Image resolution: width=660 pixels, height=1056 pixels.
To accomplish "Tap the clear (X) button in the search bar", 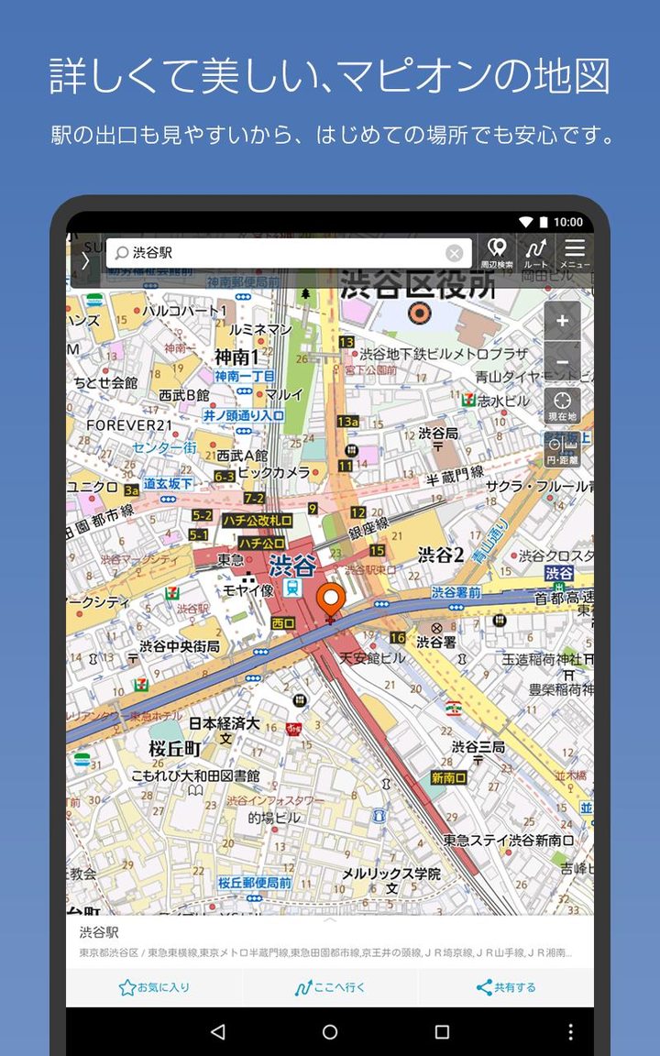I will click(455, 253).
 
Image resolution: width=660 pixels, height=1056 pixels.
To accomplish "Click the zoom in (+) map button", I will click(562, 321).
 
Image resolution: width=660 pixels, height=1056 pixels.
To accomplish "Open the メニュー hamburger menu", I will click(575, 253).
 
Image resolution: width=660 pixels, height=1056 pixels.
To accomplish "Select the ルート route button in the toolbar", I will click(535, 253).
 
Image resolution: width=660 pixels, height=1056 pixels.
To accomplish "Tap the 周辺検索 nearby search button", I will click(497, 253).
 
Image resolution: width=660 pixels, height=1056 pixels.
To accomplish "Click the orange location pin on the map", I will click(330, 601).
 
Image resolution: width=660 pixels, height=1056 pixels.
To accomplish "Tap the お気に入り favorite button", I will click(154, 987).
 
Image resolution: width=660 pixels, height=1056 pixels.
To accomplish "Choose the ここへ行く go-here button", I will click(330, 987).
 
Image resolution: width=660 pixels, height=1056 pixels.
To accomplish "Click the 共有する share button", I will click(506, 987).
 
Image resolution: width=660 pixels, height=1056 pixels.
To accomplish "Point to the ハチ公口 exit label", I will click(261, 543).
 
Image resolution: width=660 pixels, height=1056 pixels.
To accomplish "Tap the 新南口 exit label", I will click(448, 778).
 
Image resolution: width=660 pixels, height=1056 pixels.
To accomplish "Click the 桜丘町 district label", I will click(175, 749).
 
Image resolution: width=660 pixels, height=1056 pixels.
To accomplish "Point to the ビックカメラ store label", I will click(273, 472).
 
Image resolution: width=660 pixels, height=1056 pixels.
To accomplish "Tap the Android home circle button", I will click(330, 1031).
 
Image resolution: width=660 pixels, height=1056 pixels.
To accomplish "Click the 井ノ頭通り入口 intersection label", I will click(244, 415).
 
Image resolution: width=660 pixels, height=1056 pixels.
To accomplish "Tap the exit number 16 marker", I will click(397, 638).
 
